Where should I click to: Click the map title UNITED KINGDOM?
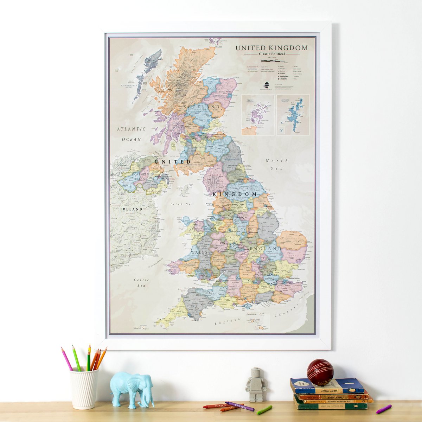tap(271, 48)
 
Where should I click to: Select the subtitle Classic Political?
tap(271, 54)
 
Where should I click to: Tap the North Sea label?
tap(276, 164)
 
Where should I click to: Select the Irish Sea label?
tap(182, 204)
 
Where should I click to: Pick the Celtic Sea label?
tap(141, 283)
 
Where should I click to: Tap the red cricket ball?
tap(320, 372)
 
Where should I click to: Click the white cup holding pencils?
tap(84, 388)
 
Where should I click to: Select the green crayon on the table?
tap(264, 410)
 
